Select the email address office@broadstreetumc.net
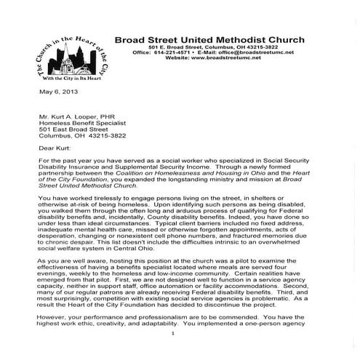point(252,53)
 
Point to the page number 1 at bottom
point(174,353)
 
